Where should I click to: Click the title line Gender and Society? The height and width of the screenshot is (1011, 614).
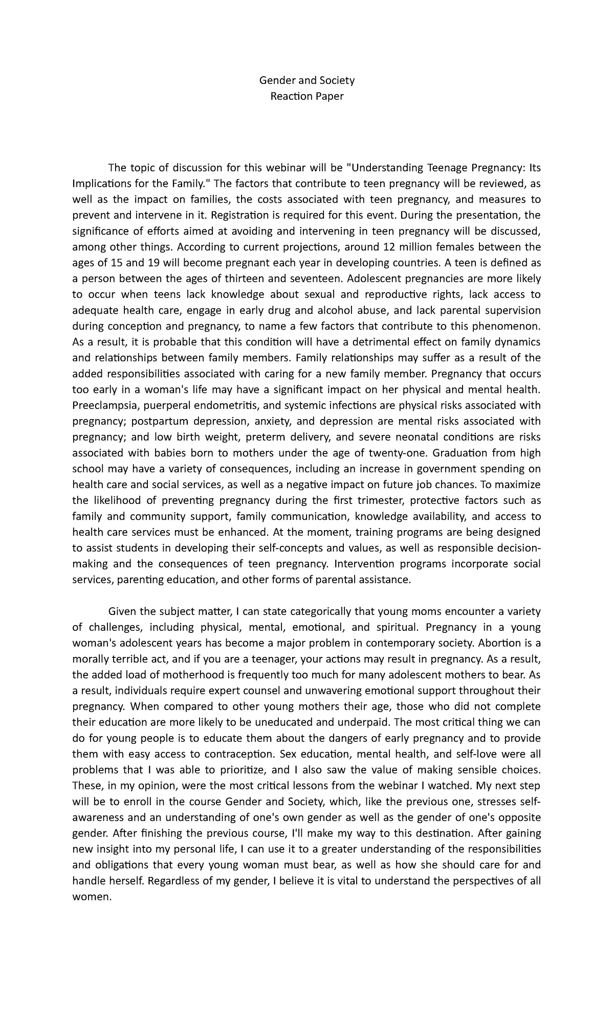click(x=307, y=80)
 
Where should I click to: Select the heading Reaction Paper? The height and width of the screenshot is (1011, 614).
click(x=307, y=96)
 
